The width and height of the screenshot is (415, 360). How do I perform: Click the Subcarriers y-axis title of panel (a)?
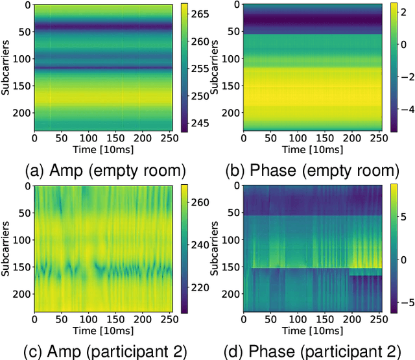click(x=6, y=67)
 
